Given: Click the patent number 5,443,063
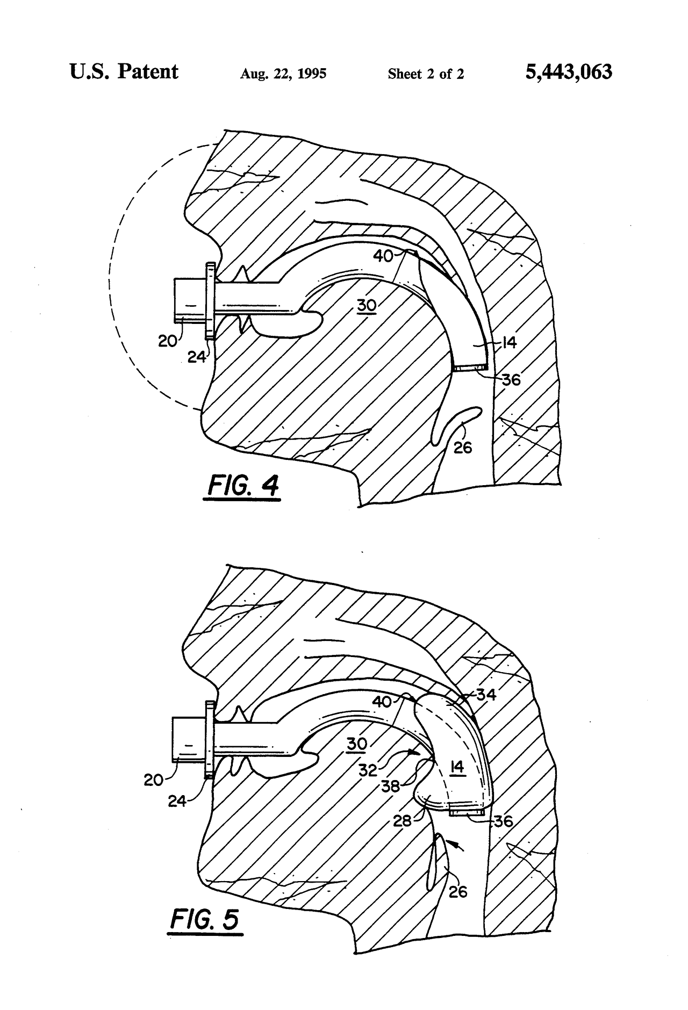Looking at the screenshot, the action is tap(569, 72).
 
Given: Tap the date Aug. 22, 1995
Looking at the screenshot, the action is tap(283, 74).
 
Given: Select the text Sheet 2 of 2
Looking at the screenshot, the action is tap(426, 74).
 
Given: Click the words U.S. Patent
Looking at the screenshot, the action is tap(124, 71).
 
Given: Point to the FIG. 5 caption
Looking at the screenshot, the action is tap(205, 919).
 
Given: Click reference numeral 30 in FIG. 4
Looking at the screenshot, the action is tap(366, 305).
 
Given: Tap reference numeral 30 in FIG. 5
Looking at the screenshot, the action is tap(357, 744).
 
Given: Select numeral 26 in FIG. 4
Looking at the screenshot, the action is tap(462, 446).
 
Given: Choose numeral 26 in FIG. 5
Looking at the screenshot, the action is tap(457, 891).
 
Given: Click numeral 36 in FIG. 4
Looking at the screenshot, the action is tap(511, 380).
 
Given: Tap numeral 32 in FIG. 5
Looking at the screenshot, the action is tap(368, 770).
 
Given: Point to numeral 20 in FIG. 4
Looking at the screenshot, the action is tap(168, 340).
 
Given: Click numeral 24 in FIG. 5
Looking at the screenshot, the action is tap(177, 801).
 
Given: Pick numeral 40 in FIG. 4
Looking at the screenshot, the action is tap(384, 257).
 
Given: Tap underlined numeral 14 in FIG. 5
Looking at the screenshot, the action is tap(457, 768).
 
